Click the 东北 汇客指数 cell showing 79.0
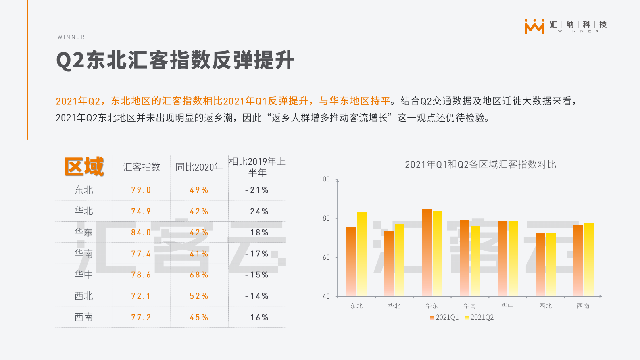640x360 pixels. pyautogui.click(x=141, y=190)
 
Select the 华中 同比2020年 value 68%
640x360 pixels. pyautogui.click(x=199, y=275)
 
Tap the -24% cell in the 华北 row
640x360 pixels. pyautogui.click(x=257, y=211)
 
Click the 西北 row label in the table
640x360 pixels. pyautogui.click(x=83, y=296)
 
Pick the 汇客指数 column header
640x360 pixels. pyautogui.click(x=142, y=167)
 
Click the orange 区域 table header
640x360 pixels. pyautogui.click(x=84, y=166)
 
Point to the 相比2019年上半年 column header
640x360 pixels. pyautogui.click(x=257, y=167)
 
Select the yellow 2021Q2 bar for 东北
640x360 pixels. pyautogui.click(x=362, y=254)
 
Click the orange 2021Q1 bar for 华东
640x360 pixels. pyautogui.click(x=427, y=252)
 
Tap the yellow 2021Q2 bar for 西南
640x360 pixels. pyautogui.click(x=588, y=259)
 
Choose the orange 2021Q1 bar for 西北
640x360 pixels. pyautogui.click(x=540, y=264)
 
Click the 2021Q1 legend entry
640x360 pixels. pyautogui.click(x=444, y=317)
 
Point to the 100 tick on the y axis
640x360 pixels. pyautogui.click(x=324, y=179)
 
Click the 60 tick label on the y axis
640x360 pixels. pyautogui.click(x=326, y=257)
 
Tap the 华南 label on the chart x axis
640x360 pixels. pyautogui.click(x=469, y=306)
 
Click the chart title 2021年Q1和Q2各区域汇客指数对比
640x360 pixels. pyautogui.click(x=480, y=164)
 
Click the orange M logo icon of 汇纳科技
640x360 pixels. pyautogui.click(x=534, y=27)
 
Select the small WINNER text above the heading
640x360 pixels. pyautogui.click(x=71, y=37)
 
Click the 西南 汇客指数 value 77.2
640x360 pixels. pyautogui.click(x=141, y=317)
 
